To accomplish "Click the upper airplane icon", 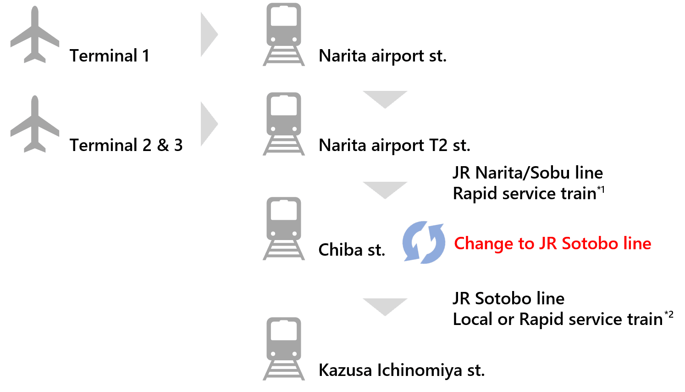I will (35, 34).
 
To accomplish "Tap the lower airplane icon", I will (35, 124).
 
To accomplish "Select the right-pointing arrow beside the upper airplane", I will (209, 34).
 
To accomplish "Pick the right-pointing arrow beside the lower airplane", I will (209, 124).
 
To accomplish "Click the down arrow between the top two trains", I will (385, 99).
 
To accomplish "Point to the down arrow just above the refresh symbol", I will (385, 189).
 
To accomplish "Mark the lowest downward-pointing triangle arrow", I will (385, 306).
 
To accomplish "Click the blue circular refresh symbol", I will (424, 243).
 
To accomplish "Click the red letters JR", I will (548, 243).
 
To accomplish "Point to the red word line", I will (636, 243).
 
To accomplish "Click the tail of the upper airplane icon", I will (35, 57).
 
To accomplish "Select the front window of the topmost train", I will (284, 19).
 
